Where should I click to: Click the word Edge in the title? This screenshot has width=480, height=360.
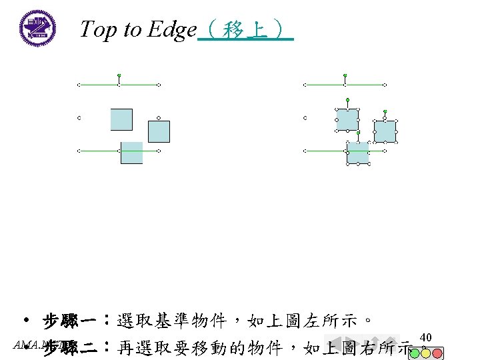tap(172, 29)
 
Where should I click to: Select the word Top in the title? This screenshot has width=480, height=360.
tap(97, 29)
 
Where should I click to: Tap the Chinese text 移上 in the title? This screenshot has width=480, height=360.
tap(246, 29)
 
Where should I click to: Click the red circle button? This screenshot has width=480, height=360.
tap(437, 353)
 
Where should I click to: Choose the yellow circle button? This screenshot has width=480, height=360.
tap(425, 353)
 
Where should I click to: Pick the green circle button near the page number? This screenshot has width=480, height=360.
tap(414, 353)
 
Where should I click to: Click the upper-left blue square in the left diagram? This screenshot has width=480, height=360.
tap(121, 119)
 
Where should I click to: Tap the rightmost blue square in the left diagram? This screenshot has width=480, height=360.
tap(159, 131)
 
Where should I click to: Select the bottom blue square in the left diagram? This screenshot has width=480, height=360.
tap(131, 153)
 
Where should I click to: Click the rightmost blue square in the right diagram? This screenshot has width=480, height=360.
tap(385, 131)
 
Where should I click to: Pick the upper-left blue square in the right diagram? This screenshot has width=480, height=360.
tap(347, 119)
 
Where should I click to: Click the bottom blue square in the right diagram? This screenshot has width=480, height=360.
tap(358, 153)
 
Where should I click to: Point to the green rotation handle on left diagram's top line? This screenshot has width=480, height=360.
tap(119, 75)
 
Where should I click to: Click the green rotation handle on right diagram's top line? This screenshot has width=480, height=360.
tap(345, 75)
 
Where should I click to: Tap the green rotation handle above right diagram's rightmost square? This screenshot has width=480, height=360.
tap(385, 111)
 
